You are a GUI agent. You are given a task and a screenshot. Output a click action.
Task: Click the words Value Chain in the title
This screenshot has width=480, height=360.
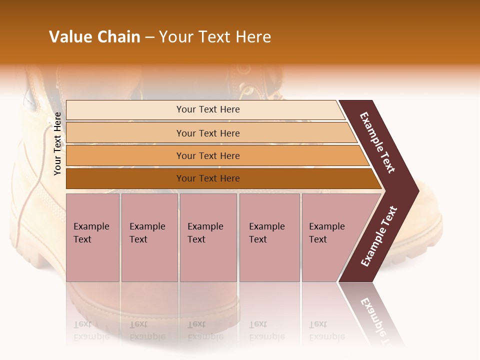[94, 37]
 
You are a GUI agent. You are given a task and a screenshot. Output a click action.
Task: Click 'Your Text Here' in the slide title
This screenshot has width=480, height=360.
[215, 37]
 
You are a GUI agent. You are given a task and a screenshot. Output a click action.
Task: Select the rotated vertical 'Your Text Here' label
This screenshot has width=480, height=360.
[57, 144]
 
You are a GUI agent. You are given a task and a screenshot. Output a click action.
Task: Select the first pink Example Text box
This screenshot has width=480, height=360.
[92, 237]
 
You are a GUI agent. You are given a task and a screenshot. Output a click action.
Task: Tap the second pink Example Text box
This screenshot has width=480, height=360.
[149, 237]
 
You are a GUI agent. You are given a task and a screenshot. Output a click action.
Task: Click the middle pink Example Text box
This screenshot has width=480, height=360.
[208, 237]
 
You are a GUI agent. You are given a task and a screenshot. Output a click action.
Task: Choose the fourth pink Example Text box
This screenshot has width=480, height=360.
[269, 237]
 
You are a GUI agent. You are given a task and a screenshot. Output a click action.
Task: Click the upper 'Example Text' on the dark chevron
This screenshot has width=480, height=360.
[377, 142]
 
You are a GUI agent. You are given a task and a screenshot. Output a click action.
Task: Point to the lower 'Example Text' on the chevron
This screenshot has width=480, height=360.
[379, 236]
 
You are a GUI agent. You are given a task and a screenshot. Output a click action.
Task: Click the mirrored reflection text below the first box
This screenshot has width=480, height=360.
[91, 330]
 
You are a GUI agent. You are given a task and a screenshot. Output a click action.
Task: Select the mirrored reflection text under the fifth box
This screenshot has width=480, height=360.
[326, 330]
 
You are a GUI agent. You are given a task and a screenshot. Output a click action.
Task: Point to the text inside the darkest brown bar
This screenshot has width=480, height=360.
[208, 178]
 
